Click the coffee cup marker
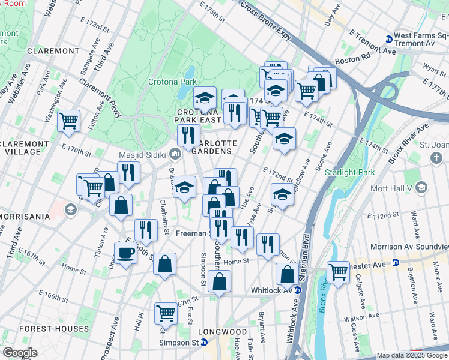[x=126, y=253]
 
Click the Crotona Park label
[x=172, y=82]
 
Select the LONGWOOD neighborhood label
[x=222, y=331]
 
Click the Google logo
[x=20, y=353]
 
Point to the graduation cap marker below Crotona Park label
[x=205, y=98]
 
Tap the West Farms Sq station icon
[x=388, y=39]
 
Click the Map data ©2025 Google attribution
[x=412, y=355]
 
